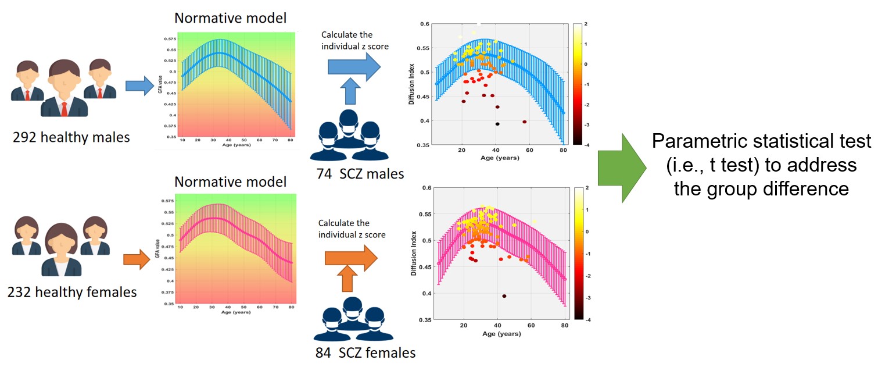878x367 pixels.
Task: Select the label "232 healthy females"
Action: (x=72, y=291)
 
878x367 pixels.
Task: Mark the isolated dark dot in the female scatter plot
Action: (x=504, y=296)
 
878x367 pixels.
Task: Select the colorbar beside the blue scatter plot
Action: (x=577, y=83)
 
